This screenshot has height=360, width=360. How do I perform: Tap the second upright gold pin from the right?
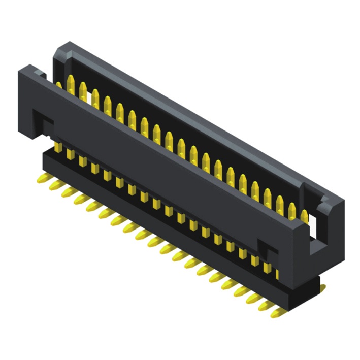pos(292,210)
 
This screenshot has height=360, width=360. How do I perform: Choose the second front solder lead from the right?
pos(265,306)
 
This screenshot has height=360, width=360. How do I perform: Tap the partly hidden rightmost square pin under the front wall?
pos(277,274)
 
